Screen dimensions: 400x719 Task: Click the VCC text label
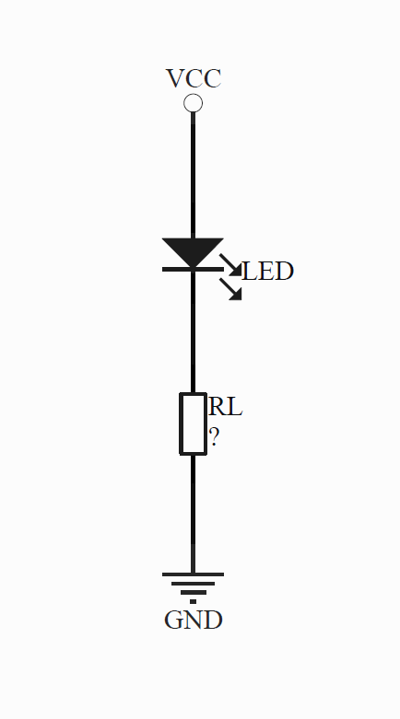[x=194, y=78]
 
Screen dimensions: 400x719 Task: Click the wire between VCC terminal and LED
[x=193, y=175]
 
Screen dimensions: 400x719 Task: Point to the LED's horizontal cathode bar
[x=193, y=269]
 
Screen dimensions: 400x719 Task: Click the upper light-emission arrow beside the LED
[x=230, y=265]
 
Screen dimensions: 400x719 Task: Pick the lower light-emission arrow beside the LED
[x=230, y=289]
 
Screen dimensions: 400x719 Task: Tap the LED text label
[x=267, y=271]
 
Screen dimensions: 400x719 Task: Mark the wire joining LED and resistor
[x=193, y=332]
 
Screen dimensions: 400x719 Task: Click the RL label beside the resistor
[x=225, y=407]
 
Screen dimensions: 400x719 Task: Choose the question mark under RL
[x=214, y=437]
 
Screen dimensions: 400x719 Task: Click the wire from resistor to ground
[x=193, y=514]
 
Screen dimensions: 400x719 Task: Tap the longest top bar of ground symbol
[x=193, y=574]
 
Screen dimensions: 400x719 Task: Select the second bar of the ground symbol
[x=193, y=584]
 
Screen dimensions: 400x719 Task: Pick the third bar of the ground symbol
[x=193, y=593]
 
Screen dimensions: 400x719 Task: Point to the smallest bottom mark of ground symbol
[x=193, y=601]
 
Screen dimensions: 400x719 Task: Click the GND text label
[x=194, y=620]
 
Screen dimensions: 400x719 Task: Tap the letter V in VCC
[x=175, y=78]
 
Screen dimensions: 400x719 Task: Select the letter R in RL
[x=217, y=407]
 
